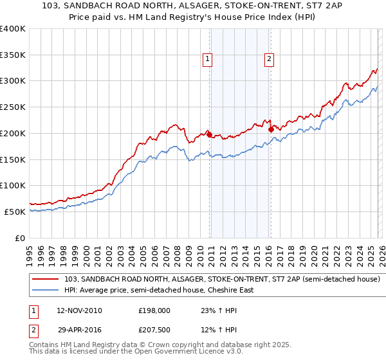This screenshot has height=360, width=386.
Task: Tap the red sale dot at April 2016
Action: (271, 129)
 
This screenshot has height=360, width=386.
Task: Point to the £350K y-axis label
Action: (12, 55)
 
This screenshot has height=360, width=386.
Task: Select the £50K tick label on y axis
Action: (15, 212)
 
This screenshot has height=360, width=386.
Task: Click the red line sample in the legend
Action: (46, 280)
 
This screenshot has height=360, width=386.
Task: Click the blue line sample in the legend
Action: (46, 290)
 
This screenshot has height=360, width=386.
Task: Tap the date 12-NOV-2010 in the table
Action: (79, 310)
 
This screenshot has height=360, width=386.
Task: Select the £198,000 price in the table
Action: (154, 310)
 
